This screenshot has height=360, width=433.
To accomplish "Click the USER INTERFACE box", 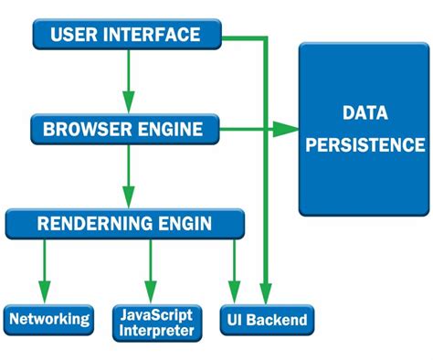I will point(126,36).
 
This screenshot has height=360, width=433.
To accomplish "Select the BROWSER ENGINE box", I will point(126,129).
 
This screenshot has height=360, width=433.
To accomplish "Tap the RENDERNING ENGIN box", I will point(125,222).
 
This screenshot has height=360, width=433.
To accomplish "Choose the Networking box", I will point(49,319).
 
